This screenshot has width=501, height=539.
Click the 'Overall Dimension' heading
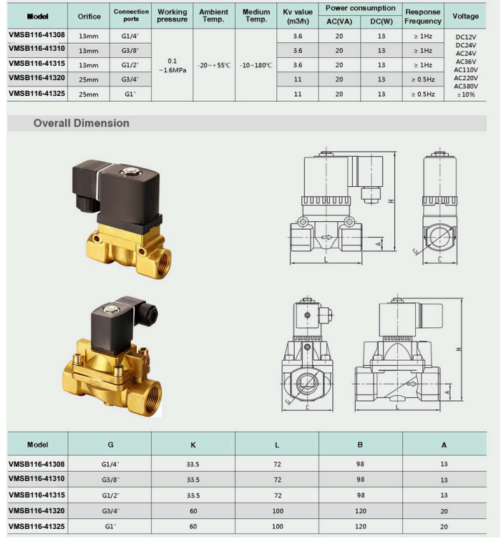point(81,123)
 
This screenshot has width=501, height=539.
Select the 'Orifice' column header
point(89,16)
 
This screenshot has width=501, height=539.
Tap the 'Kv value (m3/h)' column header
point(298,16)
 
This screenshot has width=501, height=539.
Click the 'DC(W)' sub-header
point(381,21)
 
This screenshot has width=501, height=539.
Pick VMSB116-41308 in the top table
point(37,35)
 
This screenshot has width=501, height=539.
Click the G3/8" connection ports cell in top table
point(130,51)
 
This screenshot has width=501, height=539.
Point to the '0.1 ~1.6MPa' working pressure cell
point(172,65)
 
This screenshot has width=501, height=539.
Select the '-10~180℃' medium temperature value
point(256,65)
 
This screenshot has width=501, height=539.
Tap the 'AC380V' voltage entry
point(466,87)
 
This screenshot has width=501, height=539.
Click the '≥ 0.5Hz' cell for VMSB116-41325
point(423,94)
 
